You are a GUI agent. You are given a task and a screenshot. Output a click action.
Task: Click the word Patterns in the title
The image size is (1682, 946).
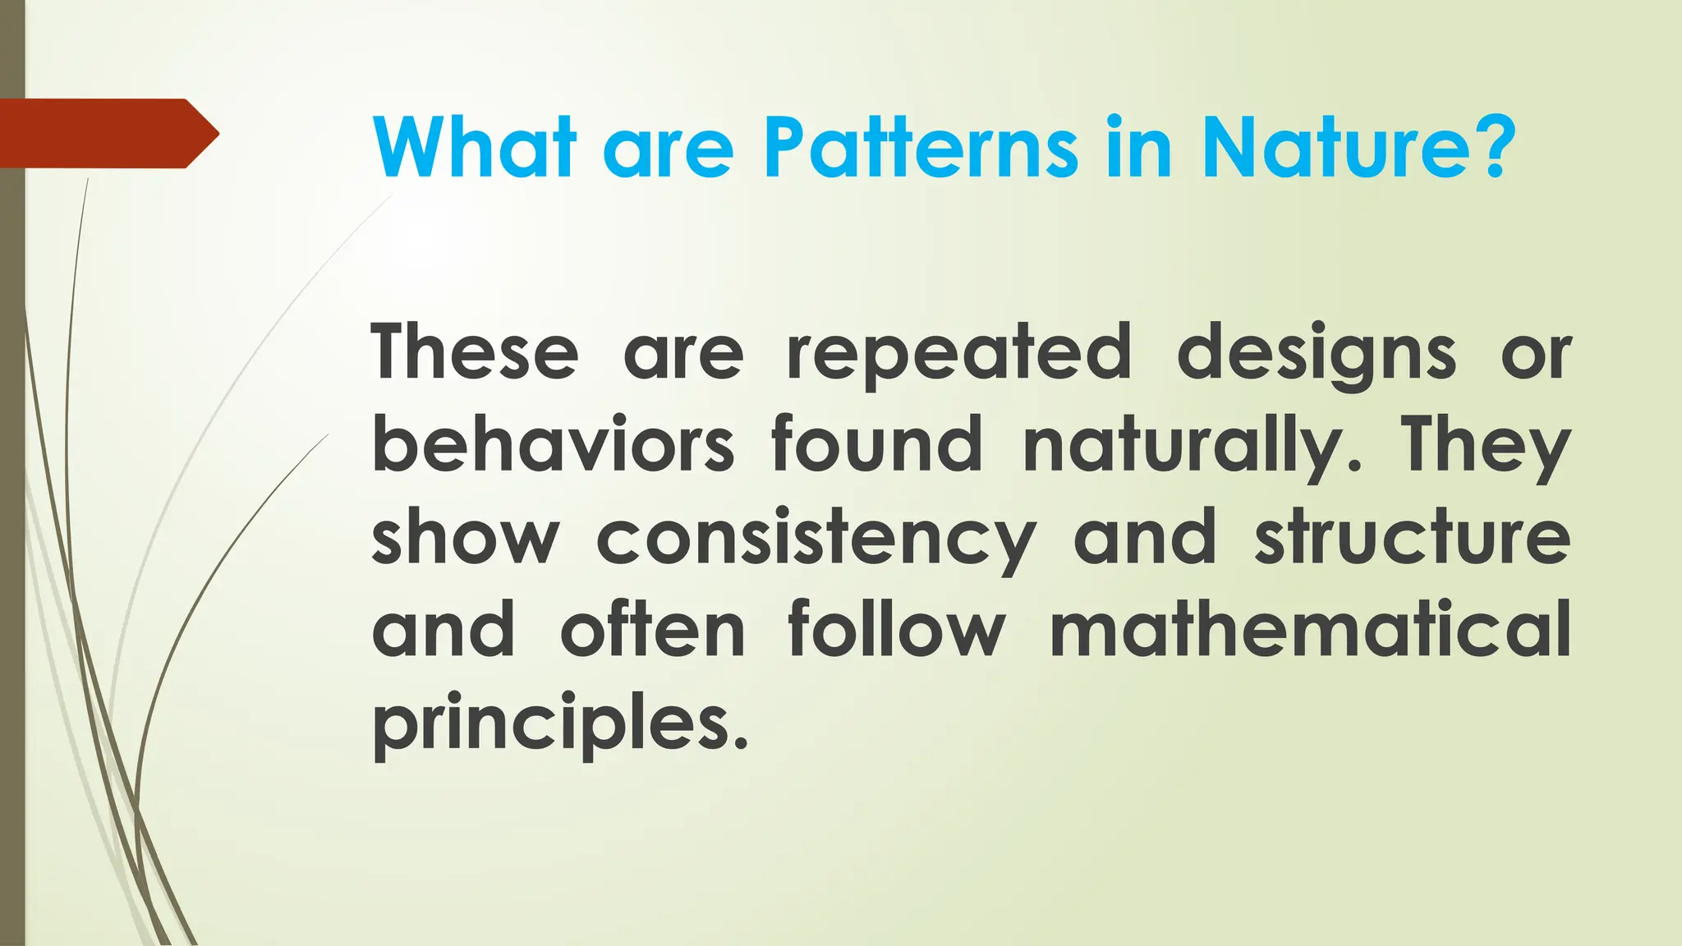pyautogui.click(x=921, y=148)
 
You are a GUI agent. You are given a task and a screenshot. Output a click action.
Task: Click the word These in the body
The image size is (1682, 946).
pyautogui.click(x=475, y=352)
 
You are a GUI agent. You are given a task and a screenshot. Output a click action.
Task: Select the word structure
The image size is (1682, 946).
pyautogui.click(x=1413, y=538)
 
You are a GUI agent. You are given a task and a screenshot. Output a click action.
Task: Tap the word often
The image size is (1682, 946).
pyautogui.click(x=653, y=630)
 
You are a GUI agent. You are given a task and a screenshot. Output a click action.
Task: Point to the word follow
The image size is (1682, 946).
pyautogui.click(x=896, y=630)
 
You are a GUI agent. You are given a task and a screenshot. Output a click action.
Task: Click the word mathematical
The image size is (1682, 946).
pyautogui.click(x=1310, y=630)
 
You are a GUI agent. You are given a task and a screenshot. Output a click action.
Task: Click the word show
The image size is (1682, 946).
pyautogui.click(x=465, y=538)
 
